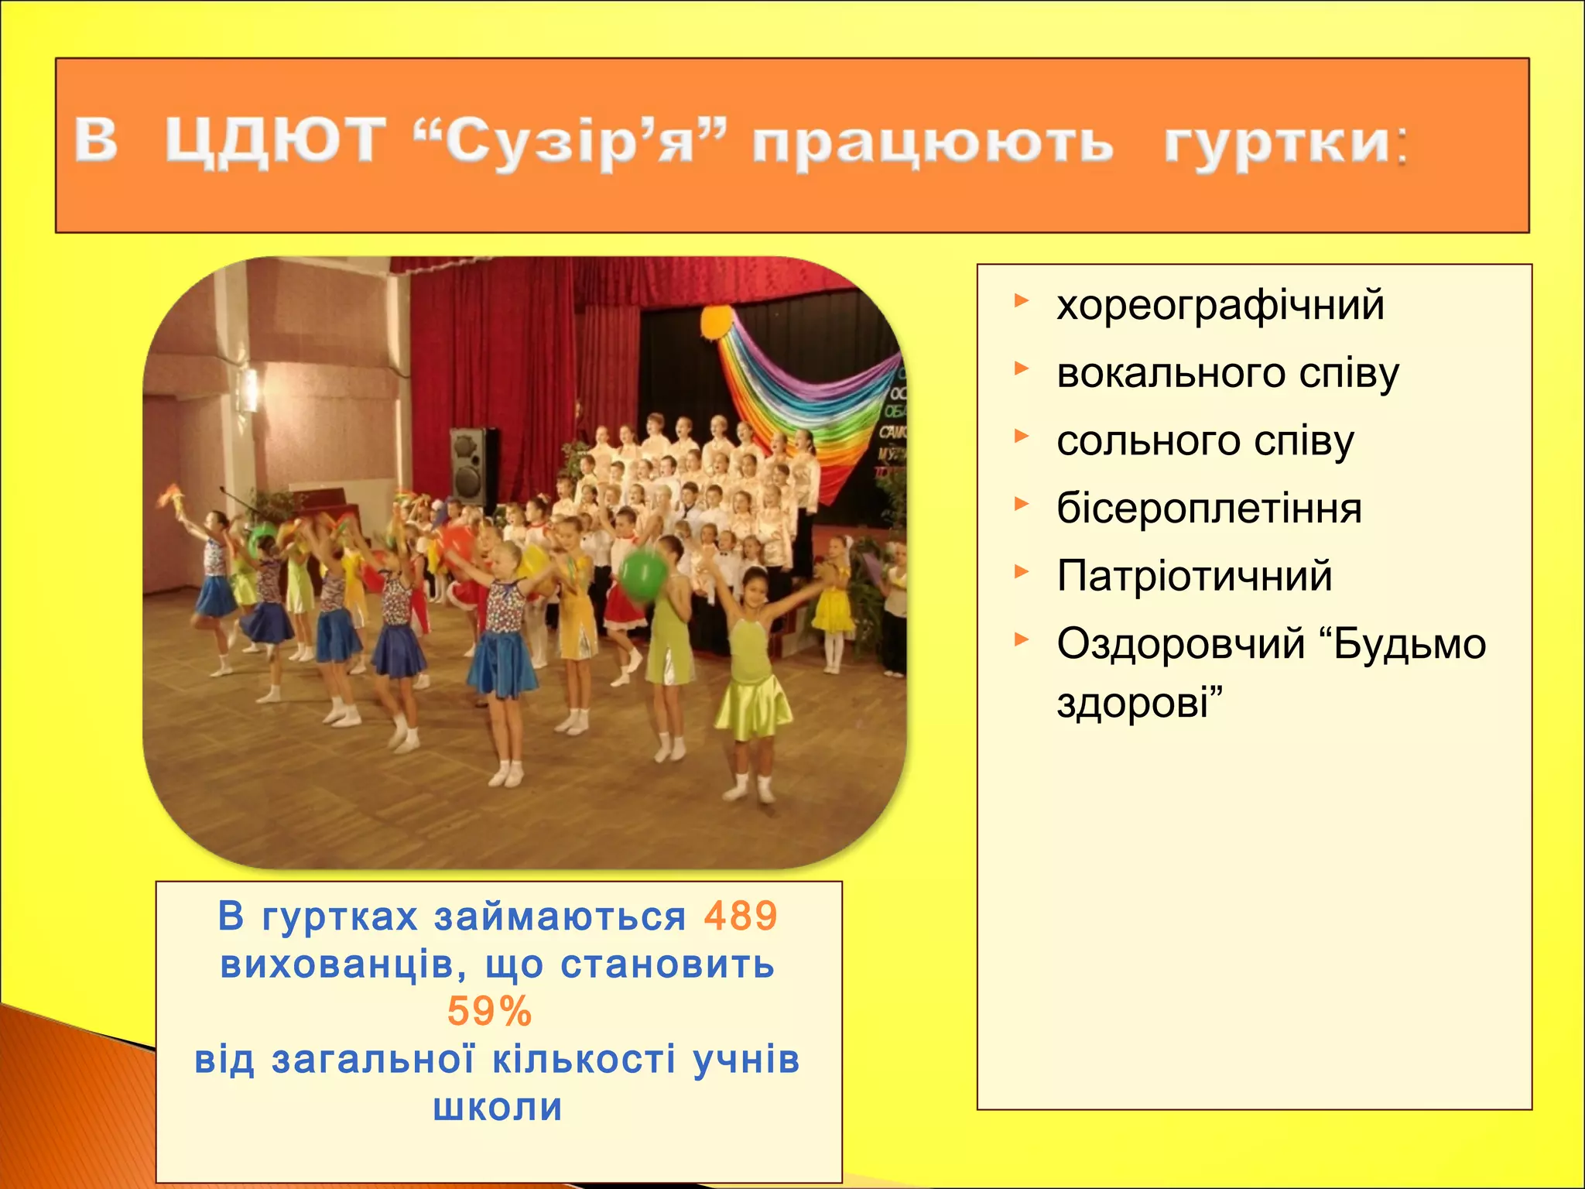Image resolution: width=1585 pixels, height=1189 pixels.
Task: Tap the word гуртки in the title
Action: coord(1277,143)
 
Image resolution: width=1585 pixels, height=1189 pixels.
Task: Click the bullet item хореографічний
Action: coord(1220,305)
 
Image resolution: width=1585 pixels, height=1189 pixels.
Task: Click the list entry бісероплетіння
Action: coord(1209,509)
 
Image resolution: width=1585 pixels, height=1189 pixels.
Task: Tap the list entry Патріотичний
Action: coord(1194,577)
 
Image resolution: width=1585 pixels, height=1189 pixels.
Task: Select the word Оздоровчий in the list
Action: coord(1180,644)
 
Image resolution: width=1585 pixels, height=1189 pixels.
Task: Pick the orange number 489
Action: coord(741,917)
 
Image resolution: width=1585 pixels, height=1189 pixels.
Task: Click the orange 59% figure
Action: coord(490,1012)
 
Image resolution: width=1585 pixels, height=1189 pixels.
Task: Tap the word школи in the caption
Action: coord(498,1107)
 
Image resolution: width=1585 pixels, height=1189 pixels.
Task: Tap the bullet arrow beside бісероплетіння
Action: coord(1022,505)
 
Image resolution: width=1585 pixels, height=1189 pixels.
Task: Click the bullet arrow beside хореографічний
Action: coord(1022,300)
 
